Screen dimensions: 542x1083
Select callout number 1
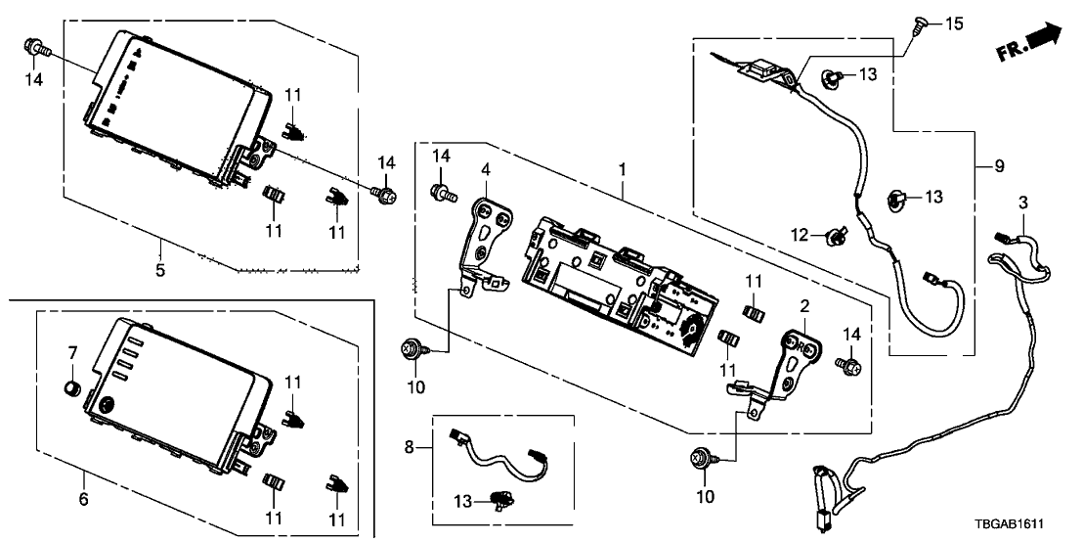click(622, 171)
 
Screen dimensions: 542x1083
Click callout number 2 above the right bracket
click(804, 306)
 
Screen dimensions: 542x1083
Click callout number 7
click(71, 351)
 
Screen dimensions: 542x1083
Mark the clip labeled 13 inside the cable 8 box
click(505, 500)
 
